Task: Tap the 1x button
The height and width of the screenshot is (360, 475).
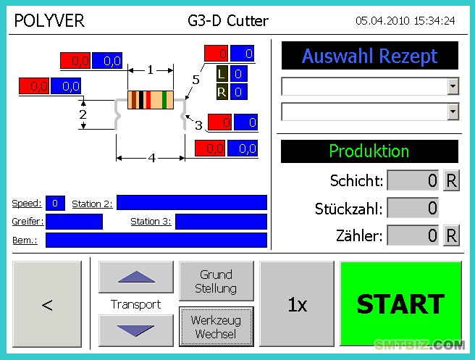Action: click(x=297, y=304)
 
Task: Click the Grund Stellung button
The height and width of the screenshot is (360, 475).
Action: click(x=217, y=281)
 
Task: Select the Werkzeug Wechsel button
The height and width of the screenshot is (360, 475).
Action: click(x=217, y=327)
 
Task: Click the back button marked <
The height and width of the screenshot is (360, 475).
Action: click(x=47, y=304)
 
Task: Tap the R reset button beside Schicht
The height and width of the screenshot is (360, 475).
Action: click(x=451, y=180)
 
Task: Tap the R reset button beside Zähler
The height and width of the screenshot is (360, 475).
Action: click(x=451, y=235)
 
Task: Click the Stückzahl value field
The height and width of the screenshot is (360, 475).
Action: click(x=413, y=208)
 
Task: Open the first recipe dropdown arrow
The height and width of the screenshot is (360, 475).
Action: click(x=453, y=86)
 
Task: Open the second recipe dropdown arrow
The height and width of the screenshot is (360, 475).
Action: click(x=453, y=112)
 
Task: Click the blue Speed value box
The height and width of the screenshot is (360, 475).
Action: click(x=55, y=203)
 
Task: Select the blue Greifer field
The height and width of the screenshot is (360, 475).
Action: click(x=74, y=222)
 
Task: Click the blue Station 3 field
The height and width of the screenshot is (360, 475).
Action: click(x=221, y=222)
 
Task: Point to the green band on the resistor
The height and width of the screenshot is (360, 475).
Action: click(x=164, y=100)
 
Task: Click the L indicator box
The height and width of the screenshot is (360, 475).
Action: click(x=222, y=74)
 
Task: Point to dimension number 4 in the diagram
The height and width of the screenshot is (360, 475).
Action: click(x=152, y=158)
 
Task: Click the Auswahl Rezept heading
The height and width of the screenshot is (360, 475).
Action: click(x=369, y=56)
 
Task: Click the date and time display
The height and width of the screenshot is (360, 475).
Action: click(x=405, y=20)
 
